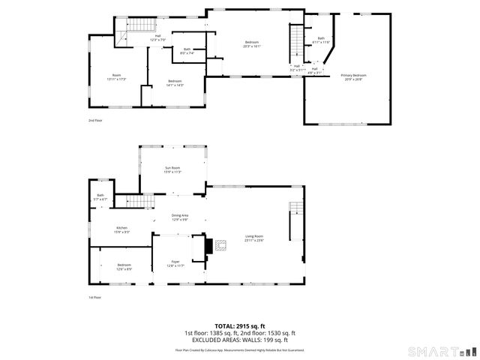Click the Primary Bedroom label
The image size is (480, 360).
tap(353, 77)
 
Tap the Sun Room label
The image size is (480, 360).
tap(172, 169)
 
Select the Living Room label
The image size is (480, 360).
tap(254, 238)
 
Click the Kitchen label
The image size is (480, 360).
tap(121, 229)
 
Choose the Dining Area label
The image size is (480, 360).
tap(180, 217)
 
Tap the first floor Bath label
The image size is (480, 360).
tap(100, 197)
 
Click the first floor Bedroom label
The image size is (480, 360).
tap(124, 266)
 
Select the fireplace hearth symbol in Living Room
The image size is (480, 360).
tap(220, 244)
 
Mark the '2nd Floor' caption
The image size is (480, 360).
tap(94, 120)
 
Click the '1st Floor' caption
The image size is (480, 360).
tap(94, 297)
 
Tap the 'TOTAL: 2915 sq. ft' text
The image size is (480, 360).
tap(240, 326)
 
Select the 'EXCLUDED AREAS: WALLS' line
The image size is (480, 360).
tap(240, 340)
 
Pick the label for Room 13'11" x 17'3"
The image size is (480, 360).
tap(116, 76)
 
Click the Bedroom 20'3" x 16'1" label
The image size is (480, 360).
tap(252, 44)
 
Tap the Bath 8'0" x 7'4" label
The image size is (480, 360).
tap(187, 52)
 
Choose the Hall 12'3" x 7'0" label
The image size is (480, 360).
tap(158, 37)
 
